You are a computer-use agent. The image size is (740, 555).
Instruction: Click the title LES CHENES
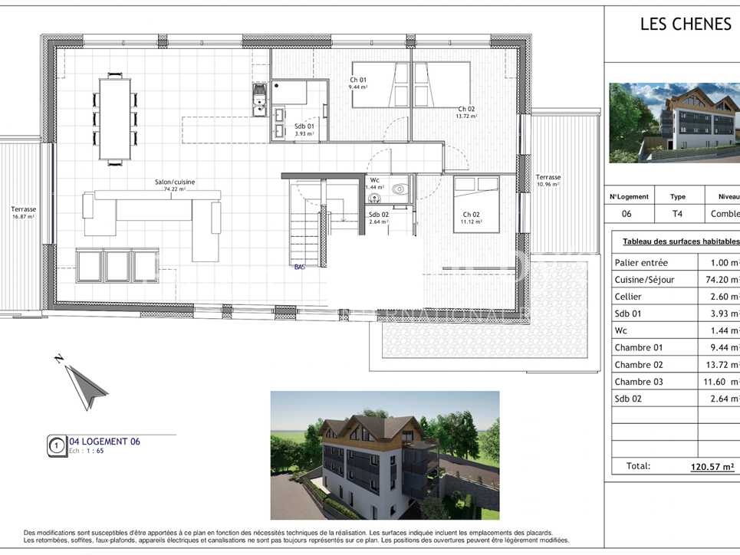686,25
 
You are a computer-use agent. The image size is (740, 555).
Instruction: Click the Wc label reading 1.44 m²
374,184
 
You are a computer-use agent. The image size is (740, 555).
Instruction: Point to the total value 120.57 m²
713,466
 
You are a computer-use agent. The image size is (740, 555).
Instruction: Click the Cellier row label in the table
628,297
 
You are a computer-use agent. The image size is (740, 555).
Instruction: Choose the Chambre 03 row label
639,382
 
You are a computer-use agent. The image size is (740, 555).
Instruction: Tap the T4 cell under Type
677,215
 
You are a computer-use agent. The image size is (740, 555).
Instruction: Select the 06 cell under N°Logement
627,215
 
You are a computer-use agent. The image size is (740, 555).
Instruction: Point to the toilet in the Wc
399,189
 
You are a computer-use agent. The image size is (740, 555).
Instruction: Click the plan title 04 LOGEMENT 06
104,442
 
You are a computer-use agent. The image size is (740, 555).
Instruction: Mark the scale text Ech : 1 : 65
87,452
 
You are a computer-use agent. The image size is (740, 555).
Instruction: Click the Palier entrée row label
641,262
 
